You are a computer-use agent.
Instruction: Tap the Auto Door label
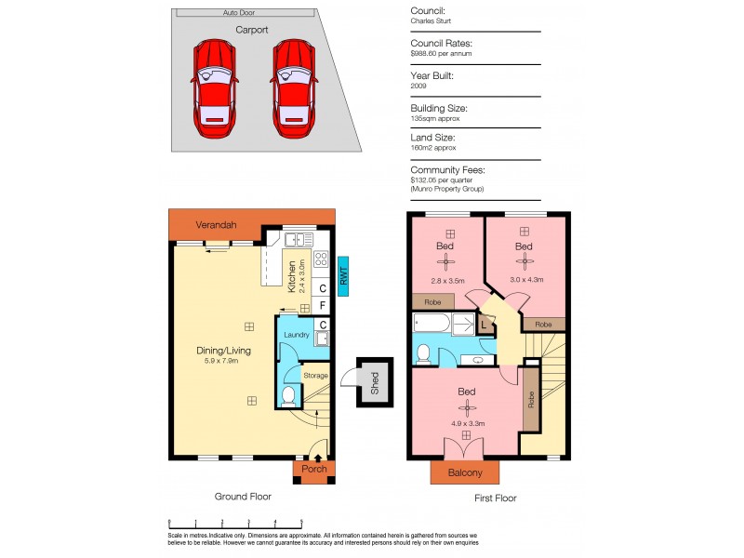tap(238, 13)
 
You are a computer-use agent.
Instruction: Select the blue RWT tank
tap(343, 276)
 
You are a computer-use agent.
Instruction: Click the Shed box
tap(375, 382)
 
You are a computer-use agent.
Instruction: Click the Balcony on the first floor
tap(466, 472)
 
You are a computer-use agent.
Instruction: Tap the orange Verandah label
tap(216, 225)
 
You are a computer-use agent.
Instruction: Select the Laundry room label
tap(297, 335)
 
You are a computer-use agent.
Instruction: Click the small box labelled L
tap(485, 325)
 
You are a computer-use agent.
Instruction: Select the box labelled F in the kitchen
tap(322, 305)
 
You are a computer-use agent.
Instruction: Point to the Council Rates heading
tap(442, 44)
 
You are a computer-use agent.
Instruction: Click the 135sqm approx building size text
tap(435, 118)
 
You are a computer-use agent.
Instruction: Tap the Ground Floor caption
tap(243, 497)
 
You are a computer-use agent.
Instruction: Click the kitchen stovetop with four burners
tap(322, 259)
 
